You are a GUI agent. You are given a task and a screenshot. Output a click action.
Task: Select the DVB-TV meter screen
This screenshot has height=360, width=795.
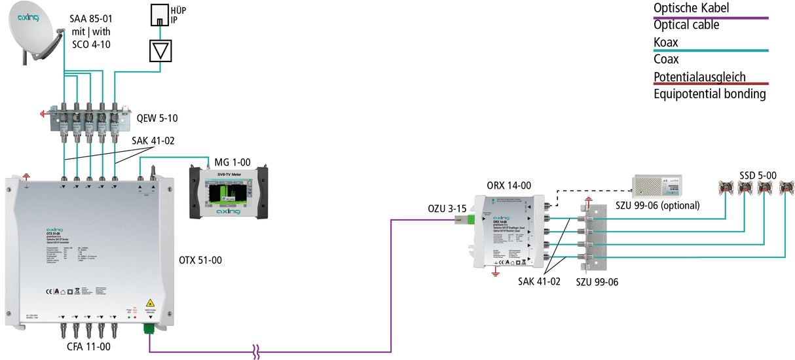tap(229, 194)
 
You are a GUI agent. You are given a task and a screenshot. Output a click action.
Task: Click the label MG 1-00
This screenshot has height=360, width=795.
tap(233, 161)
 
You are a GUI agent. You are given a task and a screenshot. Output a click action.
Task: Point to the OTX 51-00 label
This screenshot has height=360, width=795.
tap(200, 260)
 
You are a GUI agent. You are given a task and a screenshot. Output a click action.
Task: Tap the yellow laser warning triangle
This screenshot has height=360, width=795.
tap(150, 302)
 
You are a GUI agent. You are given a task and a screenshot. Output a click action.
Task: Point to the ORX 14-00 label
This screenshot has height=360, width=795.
tap(509, 185)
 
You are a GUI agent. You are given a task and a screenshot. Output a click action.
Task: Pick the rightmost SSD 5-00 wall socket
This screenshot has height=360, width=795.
tap(784, 189)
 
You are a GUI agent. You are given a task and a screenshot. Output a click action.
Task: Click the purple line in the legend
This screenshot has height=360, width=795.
tap(711, 18)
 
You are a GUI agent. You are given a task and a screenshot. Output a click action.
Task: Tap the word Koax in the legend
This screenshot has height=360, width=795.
tap(666, 43)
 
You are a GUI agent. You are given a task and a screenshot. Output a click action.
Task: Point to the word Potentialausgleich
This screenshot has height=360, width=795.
tap(699, 77)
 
